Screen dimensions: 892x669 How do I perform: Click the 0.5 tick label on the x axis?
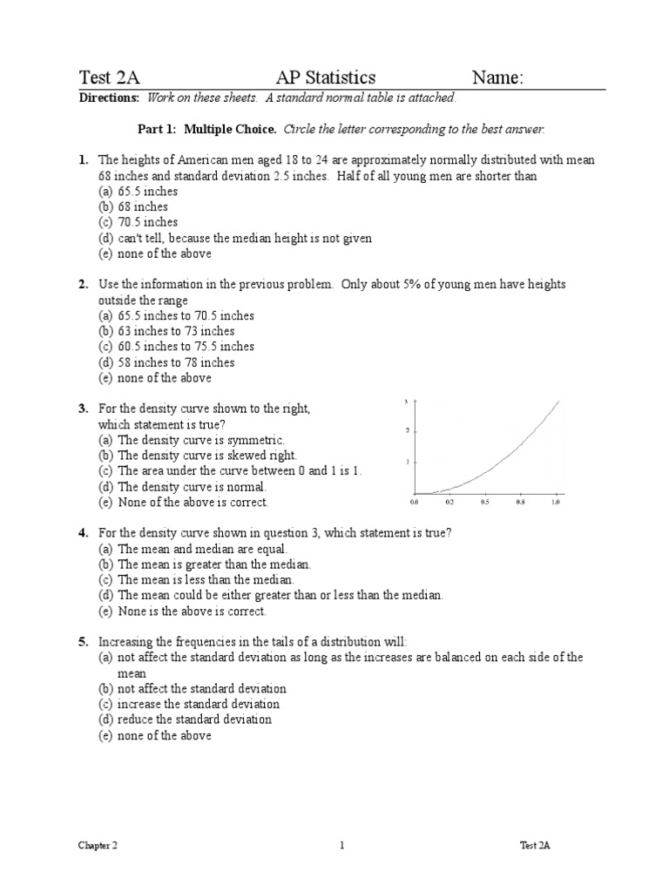click(x=484, y=503)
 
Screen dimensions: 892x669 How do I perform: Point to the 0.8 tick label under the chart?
click(x=520, y=503)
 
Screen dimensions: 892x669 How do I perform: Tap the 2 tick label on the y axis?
click(x=408, y=430)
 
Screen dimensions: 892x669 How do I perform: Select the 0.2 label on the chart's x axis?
click(x=449, y=503)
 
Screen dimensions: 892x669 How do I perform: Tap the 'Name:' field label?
click(x=497, y=78)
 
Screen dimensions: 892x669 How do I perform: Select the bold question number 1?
click(x=83, y=160)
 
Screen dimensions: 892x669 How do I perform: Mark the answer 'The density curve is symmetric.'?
click(x=200, y=441)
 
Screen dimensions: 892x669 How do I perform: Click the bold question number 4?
click(x=83, y=532)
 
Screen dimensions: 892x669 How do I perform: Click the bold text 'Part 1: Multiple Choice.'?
click(x=207, y=130)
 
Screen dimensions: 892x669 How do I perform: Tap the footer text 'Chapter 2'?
click(x=97, y=845)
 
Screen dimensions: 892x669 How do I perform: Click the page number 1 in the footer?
click(x=342, y=845)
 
